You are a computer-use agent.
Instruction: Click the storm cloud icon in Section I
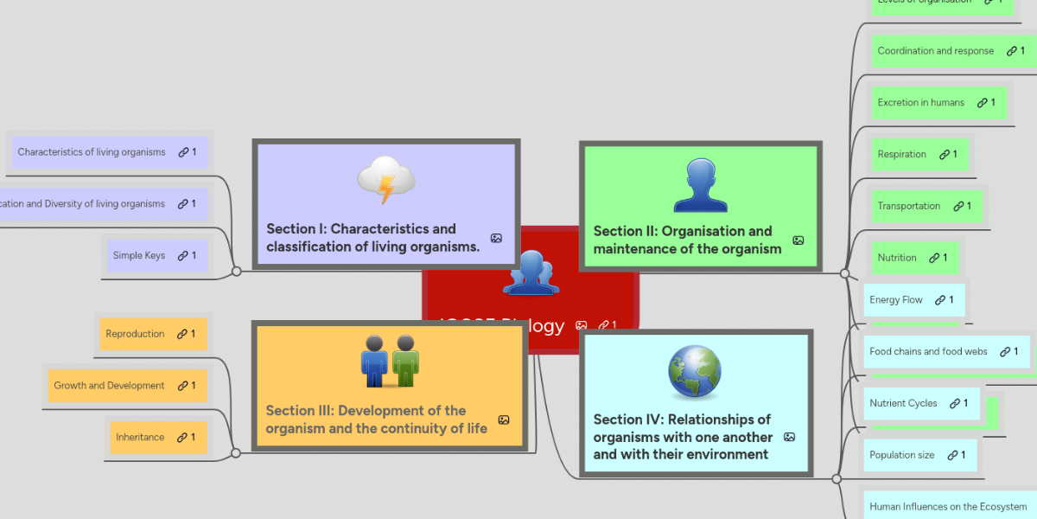pos(386,180)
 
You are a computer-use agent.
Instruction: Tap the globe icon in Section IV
pos(694,373)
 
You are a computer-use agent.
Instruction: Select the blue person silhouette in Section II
pos(700,186)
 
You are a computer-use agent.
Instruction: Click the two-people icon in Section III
pos(390,362)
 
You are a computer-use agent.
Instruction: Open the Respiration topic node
pos(902,154)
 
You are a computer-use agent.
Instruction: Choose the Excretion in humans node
pos(921,102)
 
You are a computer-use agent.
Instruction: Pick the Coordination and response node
pos(936,51)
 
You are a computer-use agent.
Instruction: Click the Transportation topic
pos(909,206)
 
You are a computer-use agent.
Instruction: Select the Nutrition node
pos(897,258)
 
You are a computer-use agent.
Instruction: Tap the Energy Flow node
pos(896,300)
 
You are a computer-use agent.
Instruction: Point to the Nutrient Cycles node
pos(903,403)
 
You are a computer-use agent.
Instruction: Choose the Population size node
pos(902,455)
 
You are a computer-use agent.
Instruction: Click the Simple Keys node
pos(139,255)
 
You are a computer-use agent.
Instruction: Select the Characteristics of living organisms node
pos(92,152)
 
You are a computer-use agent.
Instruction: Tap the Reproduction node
pos(135,334)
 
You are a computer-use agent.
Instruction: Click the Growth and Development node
pos(109,386)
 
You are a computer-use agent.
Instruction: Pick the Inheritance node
pos(140,438)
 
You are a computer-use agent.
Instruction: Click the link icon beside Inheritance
pos(182,438)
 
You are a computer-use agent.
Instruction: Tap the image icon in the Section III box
pos(504,420)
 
